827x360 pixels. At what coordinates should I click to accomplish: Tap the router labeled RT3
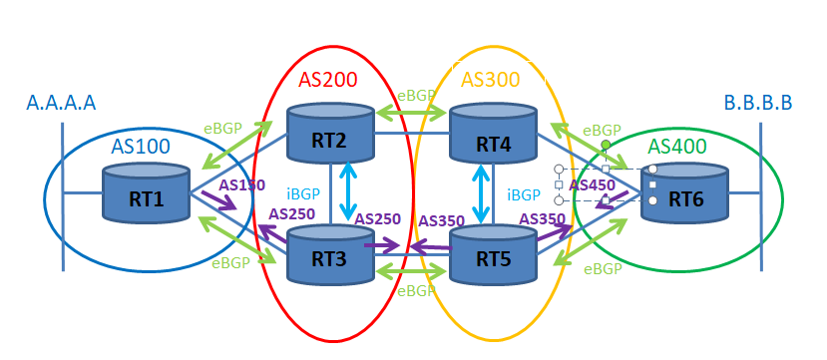[329, 254]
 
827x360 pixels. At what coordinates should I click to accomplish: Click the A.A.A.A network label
[61, 102]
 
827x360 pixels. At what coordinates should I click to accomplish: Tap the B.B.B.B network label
[758, 102]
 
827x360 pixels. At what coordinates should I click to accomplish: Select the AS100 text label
[140, 147]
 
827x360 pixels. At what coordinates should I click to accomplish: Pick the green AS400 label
[677, 147]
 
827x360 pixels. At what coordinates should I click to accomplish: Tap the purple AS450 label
[592, 184]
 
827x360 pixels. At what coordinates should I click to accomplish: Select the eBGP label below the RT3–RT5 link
[415, 291]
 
